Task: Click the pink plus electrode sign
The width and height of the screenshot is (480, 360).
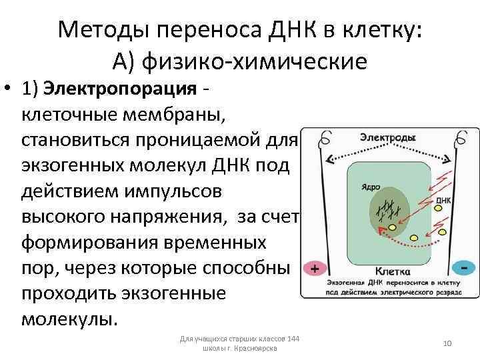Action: coord(315,269)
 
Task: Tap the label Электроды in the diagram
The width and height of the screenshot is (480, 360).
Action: coord(388,137)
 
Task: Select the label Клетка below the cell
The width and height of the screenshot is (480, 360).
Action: coord(388,271)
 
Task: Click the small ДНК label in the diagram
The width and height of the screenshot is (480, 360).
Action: coord(443,199)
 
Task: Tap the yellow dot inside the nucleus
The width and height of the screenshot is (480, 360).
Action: coord(393,227)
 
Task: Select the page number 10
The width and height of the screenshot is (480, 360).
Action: coord(447,343)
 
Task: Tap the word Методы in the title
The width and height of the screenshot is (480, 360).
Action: coord(99,29)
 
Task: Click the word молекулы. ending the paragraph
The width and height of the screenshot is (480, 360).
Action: coord(69,318)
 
